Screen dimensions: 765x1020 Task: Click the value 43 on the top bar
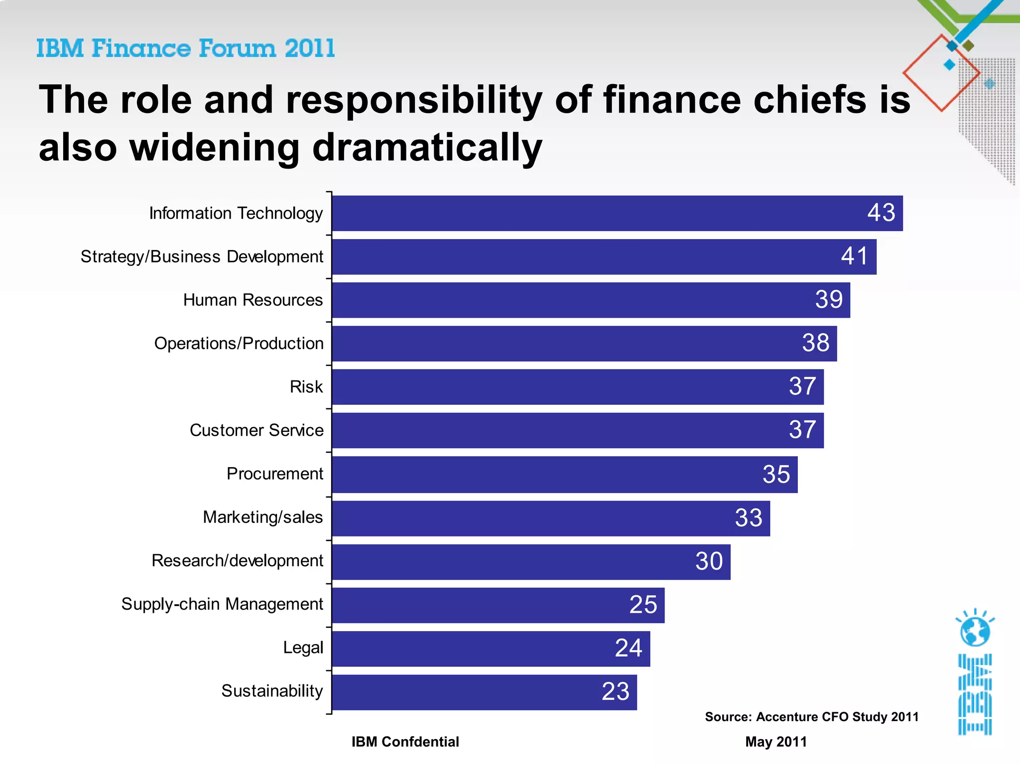click(881, 213)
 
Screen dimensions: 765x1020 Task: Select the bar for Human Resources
click(591, 300)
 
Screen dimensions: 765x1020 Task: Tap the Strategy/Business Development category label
click(202, 256)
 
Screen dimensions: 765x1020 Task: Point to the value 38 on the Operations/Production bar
click(815, 343)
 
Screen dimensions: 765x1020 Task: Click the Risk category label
click(306, 387)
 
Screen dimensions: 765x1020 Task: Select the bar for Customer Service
click(578, 430)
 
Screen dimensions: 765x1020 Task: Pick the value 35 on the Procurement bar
click(776, 474)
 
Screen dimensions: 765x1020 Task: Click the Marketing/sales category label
click(262, 517)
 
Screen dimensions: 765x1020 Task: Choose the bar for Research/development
click(531, 562)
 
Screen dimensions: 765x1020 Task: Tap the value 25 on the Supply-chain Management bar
click(643, 605)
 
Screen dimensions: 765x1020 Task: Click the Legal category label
click(303, 647)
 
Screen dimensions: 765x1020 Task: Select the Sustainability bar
click(484, 692)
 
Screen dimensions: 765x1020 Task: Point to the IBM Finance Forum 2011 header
click(185, 48)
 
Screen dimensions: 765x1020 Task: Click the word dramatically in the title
click(427, 147)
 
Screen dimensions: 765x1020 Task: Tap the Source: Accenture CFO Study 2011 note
click(811, 717)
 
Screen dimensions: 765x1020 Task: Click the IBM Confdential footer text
click(405, 742)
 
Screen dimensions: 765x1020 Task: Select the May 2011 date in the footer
click(775, 742)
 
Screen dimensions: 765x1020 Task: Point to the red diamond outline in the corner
click(941, 73)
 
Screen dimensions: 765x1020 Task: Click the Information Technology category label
click(236, 213)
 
